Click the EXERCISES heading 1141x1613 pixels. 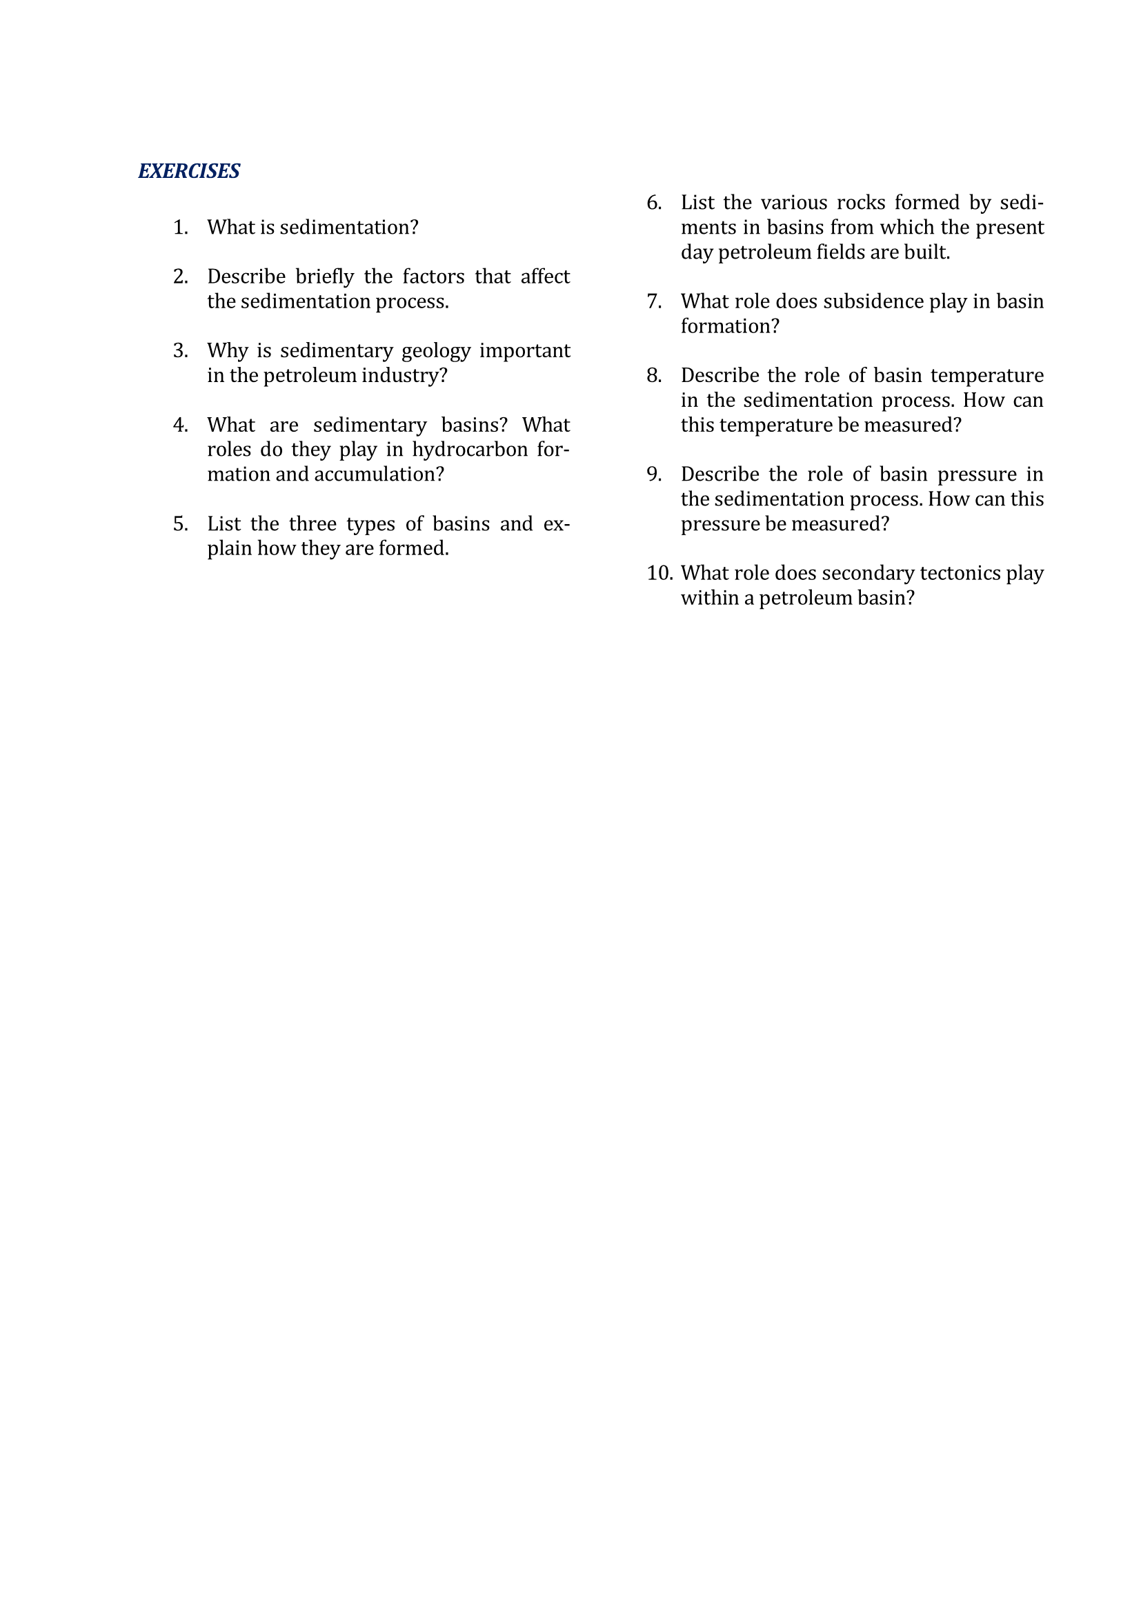point(189,171)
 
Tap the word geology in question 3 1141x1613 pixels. point(435,350)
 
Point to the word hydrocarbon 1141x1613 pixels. point(469,450)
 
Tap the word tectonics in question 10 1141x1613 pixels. point(960,573)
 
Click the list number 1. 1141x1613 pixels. point(181,228)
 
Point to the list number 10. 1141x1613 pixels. point(659,573)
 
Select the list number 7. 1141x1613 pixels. point(654,301)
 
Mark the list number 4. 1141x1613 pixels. point(181,425)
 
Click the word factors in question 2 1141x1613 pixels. point(433,277)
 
